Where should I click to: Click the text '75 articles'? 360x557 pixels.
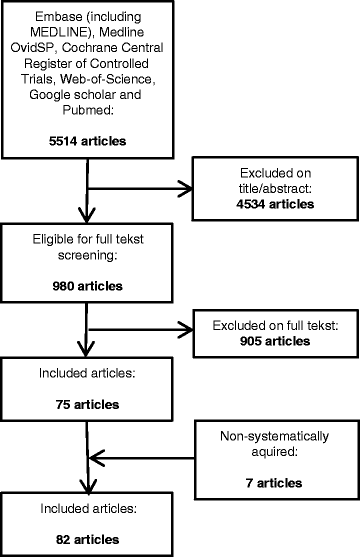82,406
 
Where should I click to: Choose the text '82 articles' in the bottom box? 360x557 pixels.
82,527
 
